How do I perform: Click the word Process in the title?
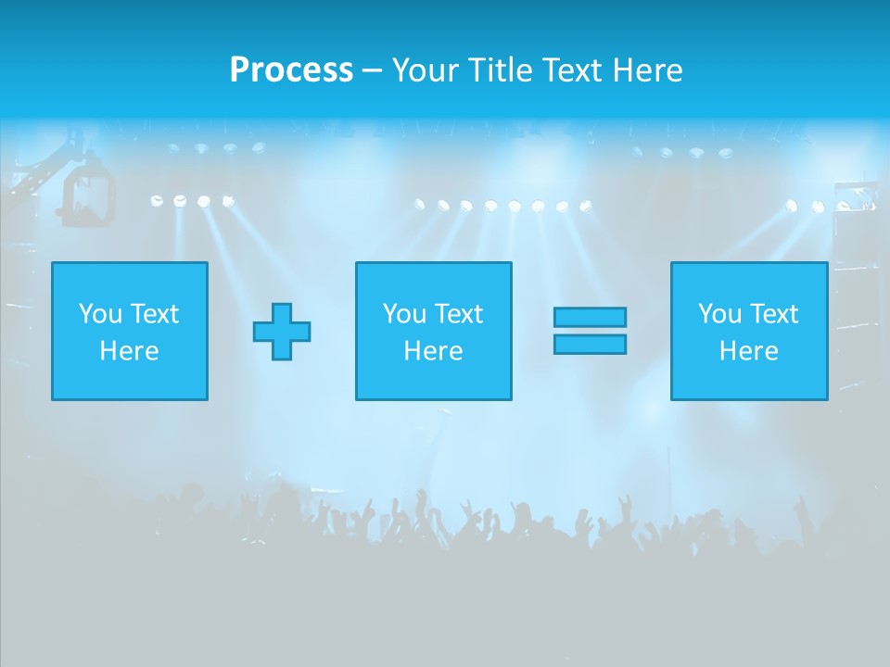(x=291, y=70)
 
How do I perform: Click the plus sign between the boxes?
(x=282, y=331)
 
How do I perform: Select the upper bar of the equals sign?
(x=590, y=317)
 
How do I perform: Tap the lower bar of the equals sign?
(x=590, y=344)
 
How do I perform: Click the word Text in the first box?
(x=154, y=314)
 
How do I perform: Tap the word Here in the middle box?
(x=434, y=351)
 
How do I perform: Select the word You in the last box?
(x=719, y=314)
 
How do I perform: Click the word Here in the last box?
(x=749, y=351)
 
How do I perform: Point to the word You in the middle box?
(x=404, y=314)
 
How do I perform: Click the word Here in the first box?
(x=130, y=351)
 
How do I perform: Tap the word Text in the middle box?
(x=458, y=314)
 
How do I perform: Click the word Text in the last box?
(x=773, y=314)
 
